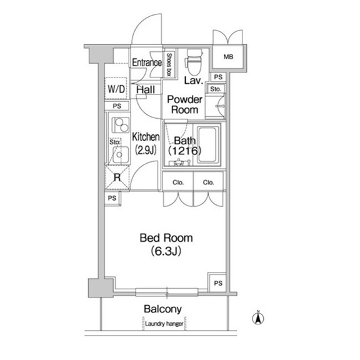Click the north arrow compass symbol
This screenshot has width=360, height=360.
258,317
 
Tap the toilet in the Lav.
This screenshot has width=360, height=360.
194,62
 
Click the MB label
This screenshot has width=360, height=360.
228,56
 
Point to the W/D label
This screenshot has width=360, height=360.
116,89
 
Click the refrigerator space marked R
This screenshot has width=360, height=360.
117,177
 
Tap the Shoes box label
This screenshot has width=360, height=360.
169,65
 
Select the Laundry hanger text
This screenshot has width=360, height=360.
164,324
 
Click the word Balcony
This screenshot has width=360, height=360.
162,309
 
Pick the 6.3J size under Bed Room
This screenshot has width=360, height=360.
166,251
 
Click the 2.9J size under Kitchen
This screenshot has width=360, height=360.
146,150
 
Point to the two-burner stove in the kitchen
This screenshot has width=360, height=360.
120,125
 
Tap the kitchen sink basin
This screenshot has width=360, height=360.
120,154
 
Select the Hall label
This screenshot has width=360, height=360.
146,89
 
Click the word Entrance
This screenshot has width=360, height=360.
147,62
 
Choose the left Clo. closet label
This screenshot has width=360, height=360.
178,182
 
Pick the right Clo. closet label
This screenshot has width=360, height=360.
209,182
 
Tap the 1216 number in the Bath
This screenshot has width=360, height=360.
185,151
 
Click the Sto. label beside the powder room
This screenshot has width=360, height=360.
216,89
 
